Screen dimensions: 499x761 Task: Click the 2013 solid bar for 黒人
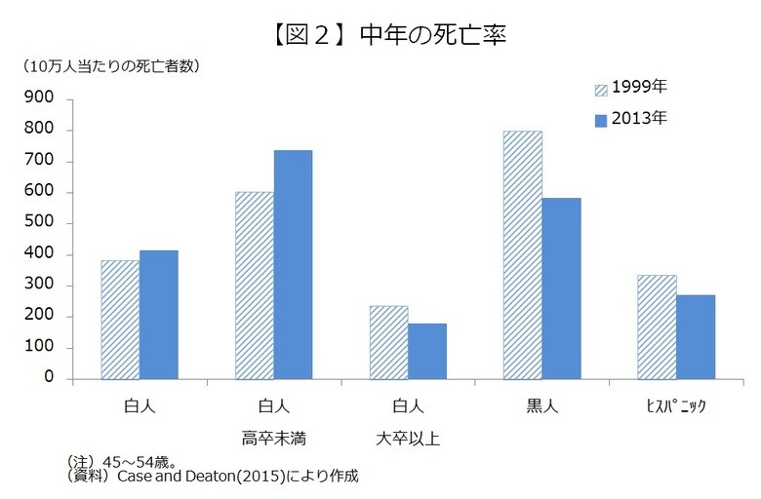(x=561, y=288)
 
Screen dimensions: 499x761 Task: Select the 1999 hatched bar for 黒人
(x=522, y=255)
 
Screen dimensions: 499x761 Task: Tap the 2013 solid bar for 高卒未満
(x=293, y=264)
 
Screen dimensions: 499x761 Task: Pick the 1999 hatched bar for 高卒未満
(x=255, y=286)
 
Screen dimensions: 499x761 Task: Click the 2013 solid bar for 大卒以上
(x=426, y=351)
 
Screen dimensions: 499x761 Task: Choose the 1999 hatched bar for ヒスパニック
(x=657, y=326)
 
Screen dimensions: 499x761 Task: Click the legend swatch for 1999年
(x=601, y=90)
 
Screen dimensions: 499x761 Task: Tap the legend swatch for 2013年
(x=601, y=120)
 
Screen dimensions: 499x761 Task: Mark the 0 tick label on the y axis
(x=50, y=379)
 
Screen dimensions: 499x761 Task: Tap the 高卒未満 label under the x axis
(x=274, y=438)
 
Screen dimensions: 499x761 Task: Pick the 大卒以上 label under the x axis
(x=408, y=438)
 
